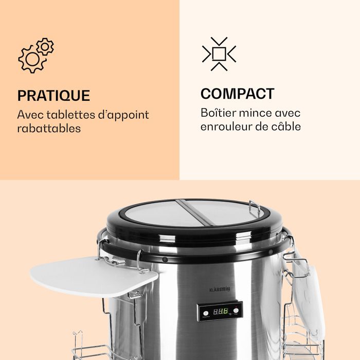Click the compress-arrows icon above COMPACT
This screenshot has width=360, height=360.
[x=219, y=53]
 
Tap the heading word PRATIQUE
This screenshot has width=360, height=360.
[x=53, y=96]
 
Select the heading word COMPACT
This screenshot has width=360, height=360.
[x=237, y=94]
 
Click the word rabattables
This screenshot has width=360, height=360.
[x=49, y=129]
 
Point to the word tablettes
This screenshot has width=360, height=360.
[x=68, y=115]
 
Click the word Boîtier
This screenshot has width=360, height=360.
[x=218, y=113]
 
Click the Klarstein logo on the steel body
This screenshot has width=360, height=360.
[x=221, y=290]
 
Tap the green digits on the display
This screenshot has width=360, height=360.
[x=222, y=311]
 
